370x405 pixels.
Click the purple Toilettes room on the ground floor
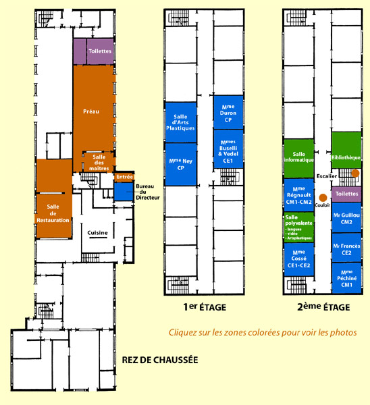click(x=94, y=51)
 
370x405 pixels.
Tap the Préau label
click(x=91, y=111)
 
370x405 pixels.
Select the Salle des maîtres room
click(x=99, y=162)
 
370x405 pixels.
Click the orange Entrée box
click(x=124, y=177)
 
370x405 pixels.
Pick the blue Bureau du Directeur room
click(x=124, y=192)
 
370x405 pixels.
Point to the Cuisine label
click(x=97, y=233)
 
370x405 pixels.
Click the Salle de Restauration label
click(x=53, y=213)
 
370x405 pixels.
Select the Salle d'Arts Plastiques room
click(x=181, y=122)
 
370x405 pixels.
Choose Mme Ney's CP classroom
click(x=181, y=164)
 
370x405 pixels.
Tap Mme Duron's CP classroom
click(x=228, y=112)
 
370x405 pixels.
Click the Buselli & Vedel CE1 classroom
click(x=228, y=149)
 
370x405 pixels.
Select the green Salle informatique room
click(x=299, y=159)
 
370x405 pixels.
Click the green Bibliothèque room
click(x=346, y=150)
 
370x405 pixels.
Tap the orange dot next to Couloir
click(x=323, y=198)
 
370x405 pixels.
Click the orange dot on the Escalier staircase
click(x=355, y=173)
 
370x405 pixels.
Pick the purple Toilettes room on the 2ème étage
click(x=346, y=194)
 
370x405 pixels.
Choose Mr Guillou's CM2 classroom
click(x=346, y=217)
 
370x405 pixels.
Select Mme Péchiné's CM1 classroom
click(x=346, y=278)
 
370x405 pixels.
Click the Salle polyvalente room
click(x=299, y=227)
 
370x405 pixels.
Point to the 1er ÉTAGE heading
click(x=205, y=307)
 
